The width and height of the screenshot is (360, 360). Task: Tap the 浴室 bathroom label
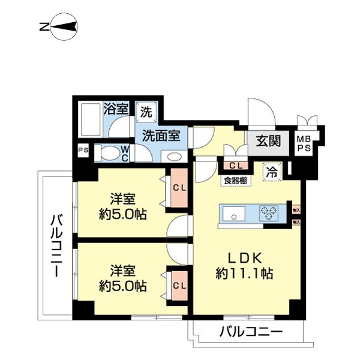(x=115, y=109)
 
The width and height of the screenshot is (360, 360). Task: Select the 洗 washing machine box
(x=146, y=111)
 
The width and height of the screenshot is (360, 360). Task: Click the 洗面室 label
(x=161, y=136)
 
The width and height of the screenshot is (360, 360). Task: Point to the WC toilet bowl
(x=112, y=153)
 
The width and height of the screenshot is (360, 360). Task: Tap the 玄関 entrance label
(x=268, y=142)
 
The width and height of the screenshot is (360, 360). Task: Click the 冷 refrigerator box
(x=272, y=170)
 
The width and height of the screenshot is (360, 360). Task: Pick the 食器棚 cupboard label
(x=234, y=180)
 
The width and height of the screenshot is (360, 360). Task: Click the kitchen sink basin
(x=233, y=213)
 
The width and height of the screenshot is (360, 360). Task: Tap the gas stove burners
(x=268, y=213)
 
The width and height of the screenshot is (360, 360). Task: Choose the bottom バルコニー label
(x=250, y=331)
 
